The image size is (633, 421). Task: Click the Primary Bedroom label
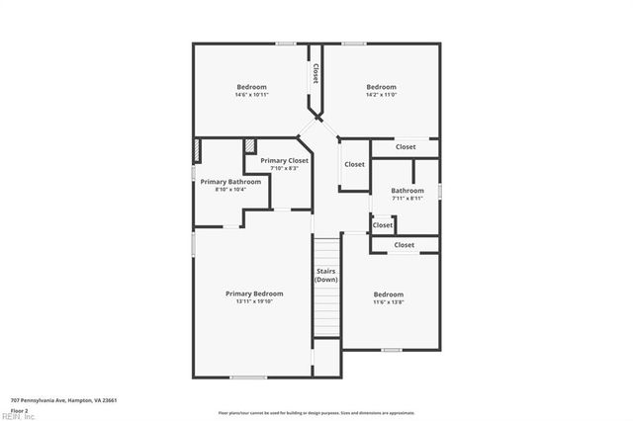pos(254,294)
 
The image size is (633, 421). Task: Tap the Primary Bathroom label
pos(230,182)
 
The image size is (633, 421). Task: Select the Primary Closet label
pos(284,160)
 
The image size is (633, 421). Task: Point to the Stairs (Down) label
pos(326,275)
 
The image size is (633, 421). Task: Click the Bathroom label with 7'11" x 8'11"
pos(407,191)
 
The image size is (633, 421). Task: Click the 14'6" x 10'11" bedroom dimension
pos(251,95)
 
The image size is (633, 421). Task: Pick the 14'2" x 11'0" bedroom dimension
pos(381,95)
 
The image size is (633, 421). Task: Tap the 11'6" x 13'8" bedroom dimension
pos(388,302)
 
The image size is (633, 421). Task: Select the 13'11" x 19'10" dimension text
pos(254,301)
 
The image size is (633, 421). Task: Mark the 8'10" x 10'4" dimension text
pos(230,190)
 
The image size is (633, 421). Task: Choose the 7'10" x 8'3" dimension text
pos(284,168)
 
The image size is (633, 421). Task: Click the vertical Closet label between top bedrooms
pos(316,74)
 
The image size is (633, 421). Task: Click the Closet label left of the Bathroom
pos(354,164)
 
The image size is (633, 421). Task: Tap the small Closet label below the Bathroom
pos(383,225)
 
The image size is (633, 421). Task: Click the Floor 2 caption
pos(19,408)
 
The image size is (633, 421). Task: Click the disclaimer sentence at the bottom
pos(316,413)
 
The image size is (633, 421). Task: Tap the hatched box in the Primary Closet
pos(250,146)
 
